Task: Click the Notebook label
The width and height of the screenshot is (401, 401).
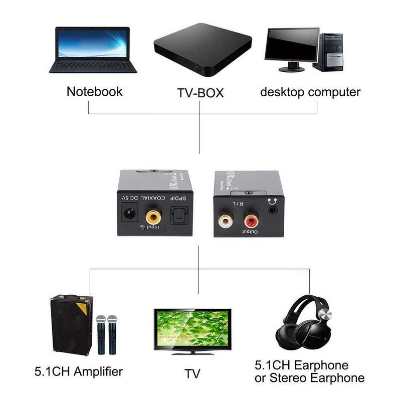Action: coord(94,92)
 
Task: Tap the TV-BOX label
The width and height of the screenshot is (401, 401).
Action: coord(200,93)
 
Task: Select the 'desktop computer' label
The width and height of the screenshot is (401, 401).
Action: coord(310,92)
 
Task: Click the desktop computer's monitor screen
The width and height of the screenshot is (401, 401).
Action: coord(292,45)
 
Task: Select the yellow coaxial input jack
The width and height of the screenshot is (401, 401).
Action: coord(153,217)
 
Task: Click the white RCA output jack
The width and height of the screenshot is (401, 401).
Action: coord(226,220)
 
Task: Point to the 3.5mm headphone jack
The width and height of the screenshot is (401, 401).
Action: coord(272,211)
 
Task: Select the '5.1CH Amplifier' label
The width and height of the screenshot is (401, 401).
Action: coord(78,372)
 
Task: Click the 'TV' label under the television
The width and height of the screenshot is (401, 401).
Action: coord(192,373)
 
